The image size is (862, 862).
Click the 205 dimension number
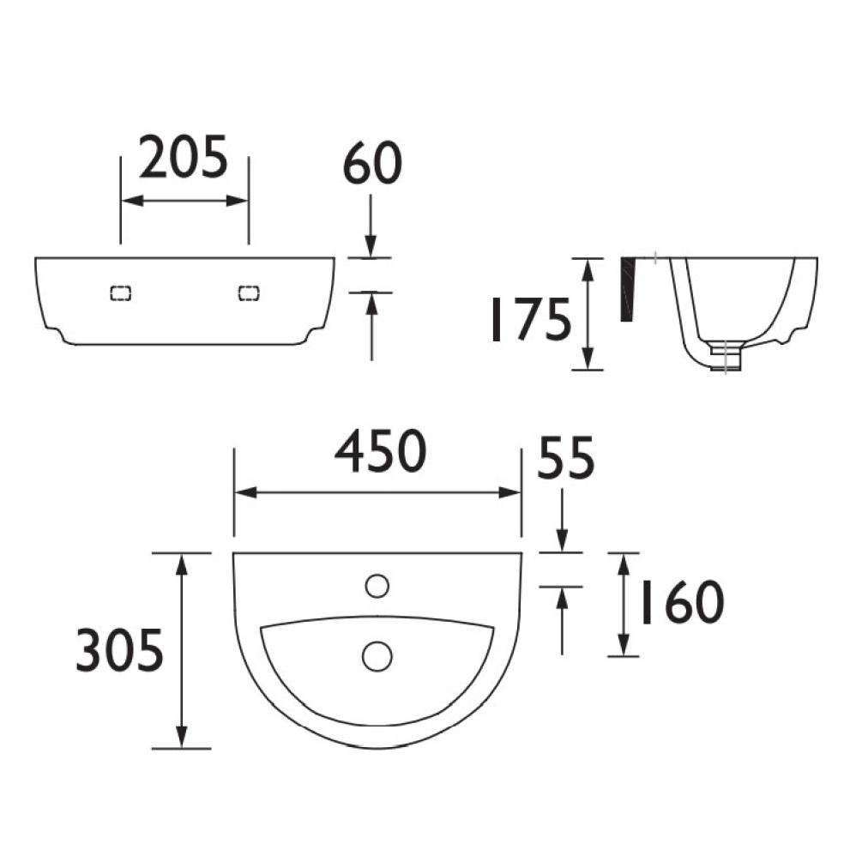tap(184, 158)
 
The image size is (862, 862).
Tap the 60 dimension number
tap(372, 165)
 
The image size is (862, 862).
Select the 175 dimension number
tap(529, 319)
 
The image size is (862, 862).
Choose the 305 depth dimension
tap(118, 649)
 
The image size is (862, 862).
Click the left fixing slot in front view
tap(121, 292)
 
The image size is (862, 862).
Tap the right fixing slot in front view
tap(249, 292)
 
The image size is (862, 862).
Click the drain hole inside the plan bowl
tap(377, 655)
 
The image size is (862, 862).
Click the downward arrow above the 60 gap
tap(371, 244)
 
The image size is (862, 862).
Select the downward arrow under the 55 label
tap(562, 540)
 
